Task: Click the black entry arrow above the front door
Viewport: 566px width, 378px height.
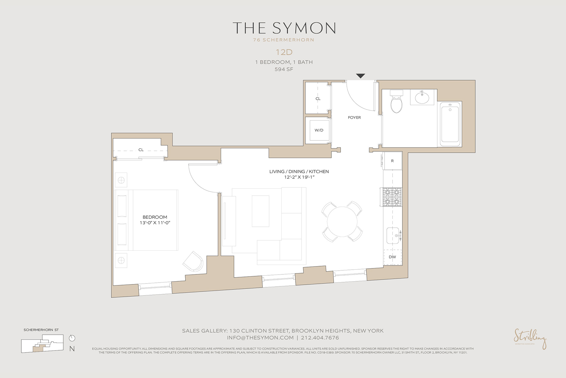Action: pyautogui.click(x=360, y=76)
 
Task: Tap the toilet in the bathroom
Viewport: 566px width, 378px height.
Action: pyautogui.click(x=397, y=102)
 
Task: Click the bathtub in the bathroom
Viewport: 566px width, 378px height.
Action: pyautogui.click(x=450, y=124)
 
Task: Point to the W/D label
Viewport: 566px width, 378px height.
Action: pyautogui.click(x=319, y=130)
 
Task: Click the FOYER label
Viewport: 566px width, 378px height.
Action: pyautogui.click(x=354, y=117)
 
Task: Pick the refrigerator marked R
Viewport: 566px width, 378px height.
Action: pyautogui.click(x=392, y=161)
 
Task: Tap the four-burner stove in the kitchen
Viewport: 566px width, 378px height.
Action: pyautogui.click(x=391, y=197)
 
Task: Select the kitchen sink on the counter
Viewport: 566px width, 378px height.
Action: pyautogui.click(x=392, y=236)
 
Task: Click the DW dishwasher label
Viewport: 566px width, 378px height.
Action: pyautogui.click(x=392, y=257)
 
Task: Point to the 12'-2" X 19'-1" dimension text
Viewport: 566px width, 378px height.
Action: pyautogui.click(x=299, y=177)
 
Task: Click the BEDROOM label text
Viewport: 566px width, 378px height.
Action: pyautogui.click(x=155, y=217)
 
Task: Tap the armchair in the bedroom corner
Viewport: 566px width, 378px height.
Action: pyautogui.click(x=193, y=261)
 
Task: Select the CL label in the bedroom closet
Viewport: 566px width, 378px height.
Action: pyautogui.click(x=141, y=150)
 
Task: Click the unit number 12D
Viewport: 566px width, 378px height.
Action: pyautogui.click(x=284, y=52)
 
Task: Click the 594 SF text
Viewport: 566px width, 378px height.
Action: pyautogui.click(x=284, y=69)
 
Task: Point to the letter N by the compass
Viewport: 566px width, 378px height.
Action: pyautogui.click(x=72, y=349)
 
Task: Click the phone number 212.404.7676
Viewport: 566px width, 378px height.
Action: pyautogui.click(x=320, y=338)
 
